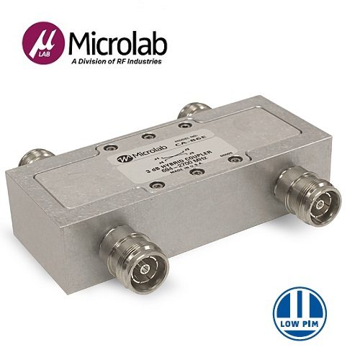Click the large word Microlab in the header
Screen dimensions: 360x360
[x=118, y=44]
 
